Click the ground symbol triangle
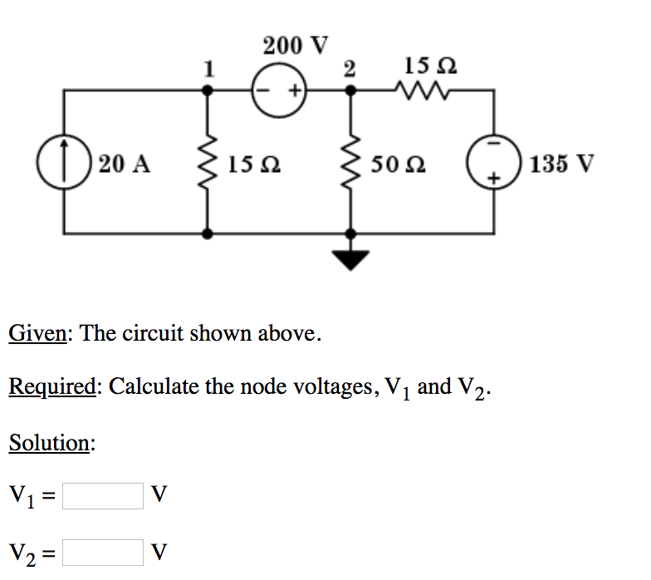(352, 260)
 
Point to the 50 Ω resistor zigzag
(352, 163)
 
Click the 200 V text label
(296, 45)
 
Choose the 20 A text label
(125, 163)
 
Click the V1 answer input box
(103, 496)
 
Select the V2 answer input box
(103, 552)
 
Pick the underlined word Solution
(51, 443)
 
